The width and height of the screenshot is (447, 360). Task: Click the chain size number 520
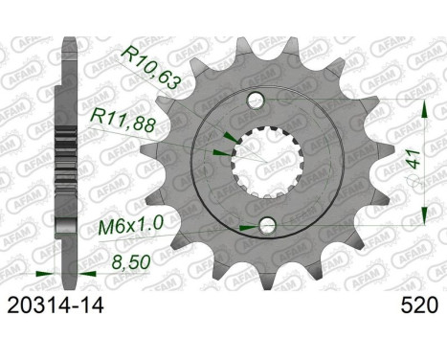(x=414, y=307)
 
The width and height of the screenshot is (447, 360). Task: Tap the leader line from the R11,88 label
(x=182, y=135)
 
